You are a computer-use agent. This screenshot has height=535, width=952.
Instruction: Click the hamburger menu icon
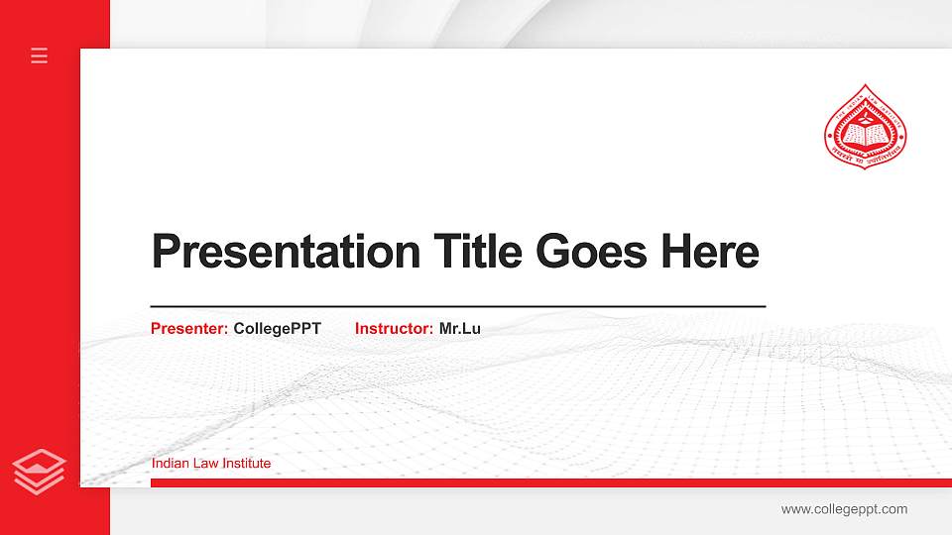pyautogui.click(x=39, y=55)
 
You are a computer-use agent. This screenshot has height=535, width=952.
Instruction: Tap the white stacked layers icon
pyautogui.click(x=39, y=471)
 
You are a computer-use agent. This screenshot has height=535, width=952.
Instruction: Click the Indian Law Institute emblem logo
pyautogui.click(x=867, y=128)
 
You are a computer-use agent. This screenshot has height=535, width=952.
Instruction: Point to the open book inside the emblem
pyautogui.click(x=867, y=131)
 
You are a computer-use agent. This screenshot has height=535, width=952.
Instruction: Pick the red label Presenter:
pyautogui.click(x=189, y=328)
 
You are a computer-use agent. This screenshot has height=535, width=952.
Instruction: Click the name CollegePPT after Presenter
pyautogui.click(x=277, y=328)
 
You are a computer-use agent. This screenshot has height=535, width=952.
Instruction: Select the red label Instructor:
pyautogui.click(x=394, y=328)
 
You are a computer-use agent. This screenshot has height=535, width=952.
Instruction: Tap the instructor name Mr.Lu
pyautogui.click(x=459, y=328)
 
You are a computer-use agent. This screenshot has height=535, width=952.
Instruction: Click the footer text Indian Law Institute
pyautogui.click(x=211, y=463)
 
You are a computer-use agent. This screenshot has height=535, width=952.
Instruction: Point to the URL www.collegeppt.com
pyautogui.click(x=844, y=509)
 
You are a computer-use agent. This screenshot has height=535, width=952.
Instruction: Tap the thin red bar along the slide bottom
pyautogui.click(x=545, y=482)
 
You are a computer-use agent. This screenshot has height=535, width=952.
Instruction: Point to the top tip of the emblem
pyautogui.click(x=867, y=86)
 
